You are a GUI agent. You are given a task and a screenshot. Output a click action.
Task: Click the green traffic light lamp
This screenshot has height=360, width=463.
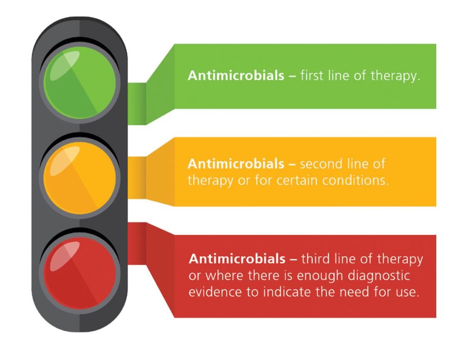click(80, 83)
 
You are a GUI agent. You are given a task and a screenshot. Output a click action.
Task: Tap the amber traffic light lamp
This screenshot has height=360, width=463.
click(80, 178)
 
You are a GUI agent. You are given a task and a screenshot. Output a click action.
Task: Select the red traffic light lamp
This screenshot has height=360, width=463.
click(80, 273)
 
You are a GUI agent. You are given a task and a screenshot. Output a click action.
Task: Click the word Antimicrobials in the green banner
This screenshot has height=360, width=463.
click(236, 75)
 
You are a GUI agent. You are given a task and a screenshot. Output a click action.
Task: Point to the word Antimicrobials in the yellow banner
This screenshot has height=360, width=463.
click(236, 164)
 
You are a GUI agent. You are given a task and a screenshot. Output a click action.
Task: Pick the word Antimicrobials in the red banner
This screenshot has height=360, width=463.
click(237, 259)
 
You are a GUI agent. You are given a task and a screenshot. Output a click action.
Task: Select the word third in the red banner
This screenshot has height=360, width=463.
click(315, 259)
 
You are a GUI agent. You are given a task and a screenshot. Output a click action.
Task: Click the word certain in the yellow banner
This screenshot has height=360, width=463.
click(297, 180)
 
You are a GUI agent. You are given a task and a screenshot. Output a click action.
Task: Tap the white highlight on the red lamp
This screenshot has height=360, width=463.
click(65, 256)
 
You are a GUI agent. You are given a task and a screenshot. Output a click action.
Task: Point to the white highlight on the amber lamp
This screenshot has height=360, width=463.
click(65, 161)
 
